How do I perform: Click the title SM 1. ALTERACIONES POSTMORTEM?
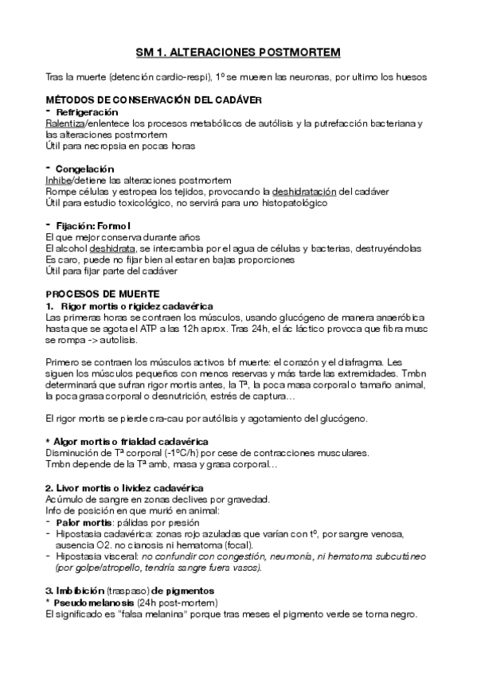pos(238,53)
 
